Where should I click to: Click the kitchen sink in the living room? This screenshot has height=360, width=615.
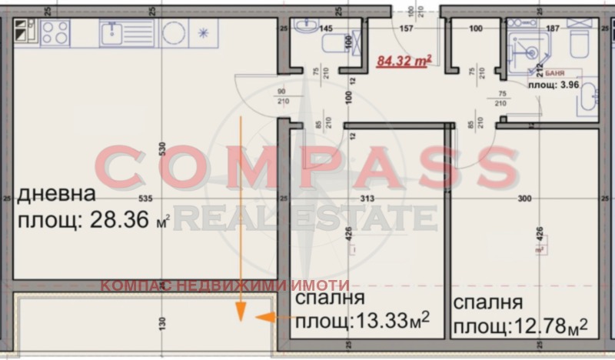(112, 32)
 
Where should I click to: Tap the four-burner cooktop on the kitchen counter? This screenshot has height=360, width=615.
(55, 32)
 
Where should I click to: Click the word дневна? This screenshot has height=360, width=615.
(57, 193)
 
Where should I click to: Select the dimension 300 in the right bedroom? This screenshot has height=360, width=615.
(525, 198)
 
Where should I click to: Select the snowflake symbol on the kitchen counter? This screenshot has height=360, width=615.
(203, 33)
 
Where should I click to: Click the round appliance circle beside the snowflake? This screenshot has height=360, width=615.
(173, 33)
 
